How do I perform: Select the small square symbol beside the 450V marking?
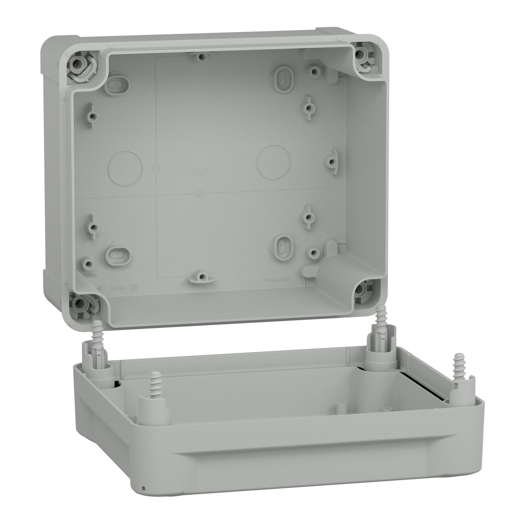coord(133,288)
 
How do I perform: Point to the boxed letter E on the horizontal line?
coord(200,193)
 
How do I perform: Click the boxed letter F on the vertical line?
coord(156,168)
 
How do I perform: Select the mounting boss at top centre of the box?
coord(200,56)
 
